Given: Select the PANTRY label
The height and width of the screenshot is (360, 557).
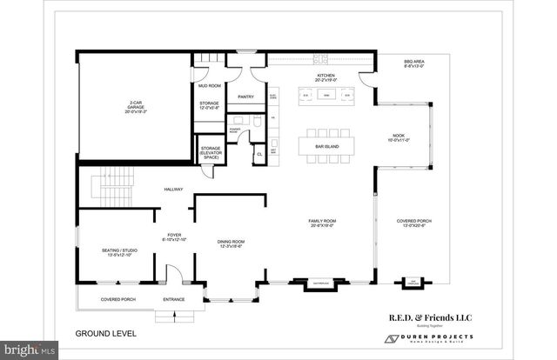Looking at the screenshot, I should (245, 97).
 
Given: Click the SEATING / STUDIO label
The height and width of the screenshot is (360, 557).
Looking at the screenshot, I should (117, 252).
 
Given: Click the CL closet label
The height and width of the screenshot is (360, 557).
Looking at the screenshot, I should (258, 155).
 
